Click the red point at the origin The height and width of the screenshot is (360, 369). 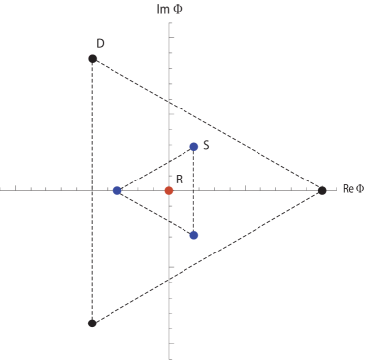click(169, 190)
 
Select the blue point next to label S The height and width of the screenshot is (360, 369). click(194, 147)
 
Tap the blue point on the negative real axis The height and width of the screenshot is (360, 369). click(117, 190)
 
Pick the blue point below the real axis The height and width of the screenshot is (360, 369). click(194, 235)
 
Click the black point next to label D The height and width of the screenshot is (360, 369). click(93, 59)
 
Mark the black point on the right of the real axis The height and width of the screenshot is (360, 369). click(322, 190)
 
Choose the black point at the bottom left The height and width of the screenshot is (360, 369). click(92, 323)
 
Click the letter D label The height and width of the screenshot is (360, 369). click(100, 44)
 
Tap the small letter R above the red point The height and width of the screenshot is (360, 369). click(179, 179)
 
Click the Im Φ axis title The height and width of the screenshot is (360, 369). click(170, 9)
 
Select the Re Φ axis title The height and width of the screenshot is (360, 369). click(352, 189)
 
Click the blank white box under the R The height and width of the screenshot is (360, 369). click(178, 199)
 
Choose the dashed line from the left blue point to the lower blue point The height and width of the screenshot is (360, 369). click(156, 213)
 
